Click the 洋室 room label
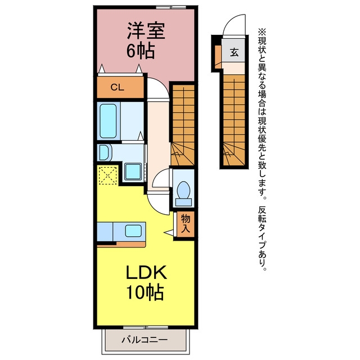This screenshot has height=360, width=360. pos(146,31)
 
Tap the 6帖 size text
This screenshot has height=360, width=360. pos(140,51)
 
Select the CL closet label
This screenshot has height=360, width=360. pos(118,87)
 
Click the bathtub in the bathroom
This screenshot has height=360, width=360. pos(108,121)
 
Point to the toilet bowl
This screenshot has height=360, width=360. pos(184,190)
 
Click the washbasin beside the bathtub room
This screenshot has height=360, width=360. pos(105,152)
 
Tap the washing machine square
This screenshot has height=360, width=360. pos(133,172)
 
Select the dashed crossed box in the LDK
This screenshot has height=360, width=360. pos(107,175)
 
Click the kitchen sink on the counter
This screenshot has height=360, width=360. pos(133,231)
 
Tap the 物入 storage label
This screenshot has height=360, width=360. pos(186,224)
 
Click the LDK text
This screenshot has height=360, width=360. pos(146,272)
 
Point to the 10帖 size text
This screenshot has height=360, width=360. pos(145,292)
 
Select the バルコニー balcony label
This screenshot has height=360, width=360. pos(145,340)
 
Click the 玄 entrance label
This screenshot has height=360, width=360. pos(234,52)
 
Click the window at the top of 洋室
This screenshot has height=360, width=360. pos(171,7)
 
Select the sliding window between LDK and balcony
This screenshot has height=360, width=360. pos(146,327)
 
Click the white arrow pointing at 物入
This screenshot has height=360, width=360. pos(169,232)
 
